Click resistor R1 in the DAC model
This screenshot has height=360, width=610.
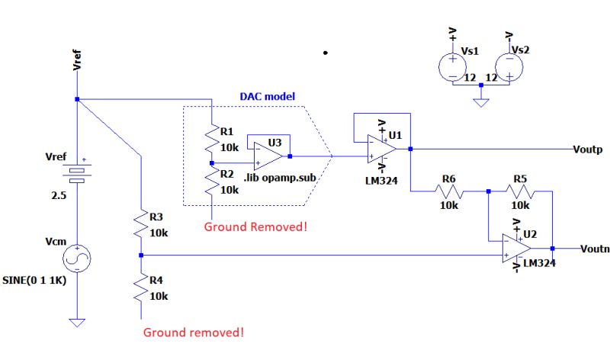[x=210, y=140]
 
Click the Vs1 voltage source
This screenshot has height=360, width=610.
[x=452, y=64]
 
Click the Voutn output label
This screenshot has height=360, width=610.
[x=595, y=248]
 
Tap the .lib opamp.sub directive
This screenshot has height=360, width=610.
[x=280, y=178]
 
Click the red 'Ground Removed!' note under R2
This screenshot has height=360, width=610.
[x=256, y=227]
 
